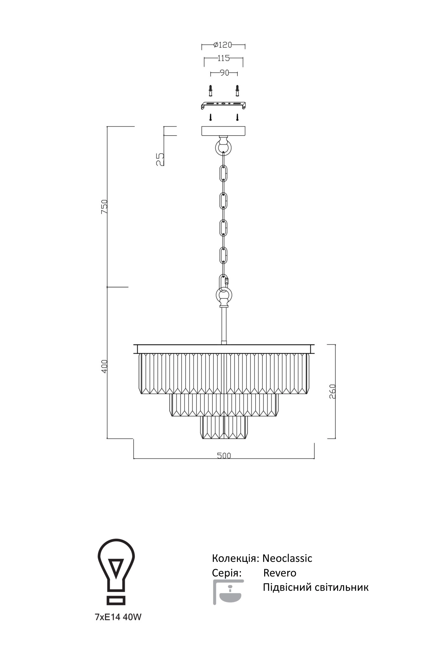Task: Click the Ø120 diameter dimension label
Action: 223,45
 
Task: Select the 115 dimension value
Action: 224,58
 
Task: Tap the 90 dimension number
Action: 224,73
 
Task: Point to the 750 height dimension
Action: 105,206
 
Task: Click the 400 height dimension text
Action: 105,366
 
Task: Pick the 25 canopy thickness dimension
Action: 160,159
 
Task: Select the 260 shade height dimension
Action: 332,391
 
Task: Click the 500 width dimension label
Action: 224,455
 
